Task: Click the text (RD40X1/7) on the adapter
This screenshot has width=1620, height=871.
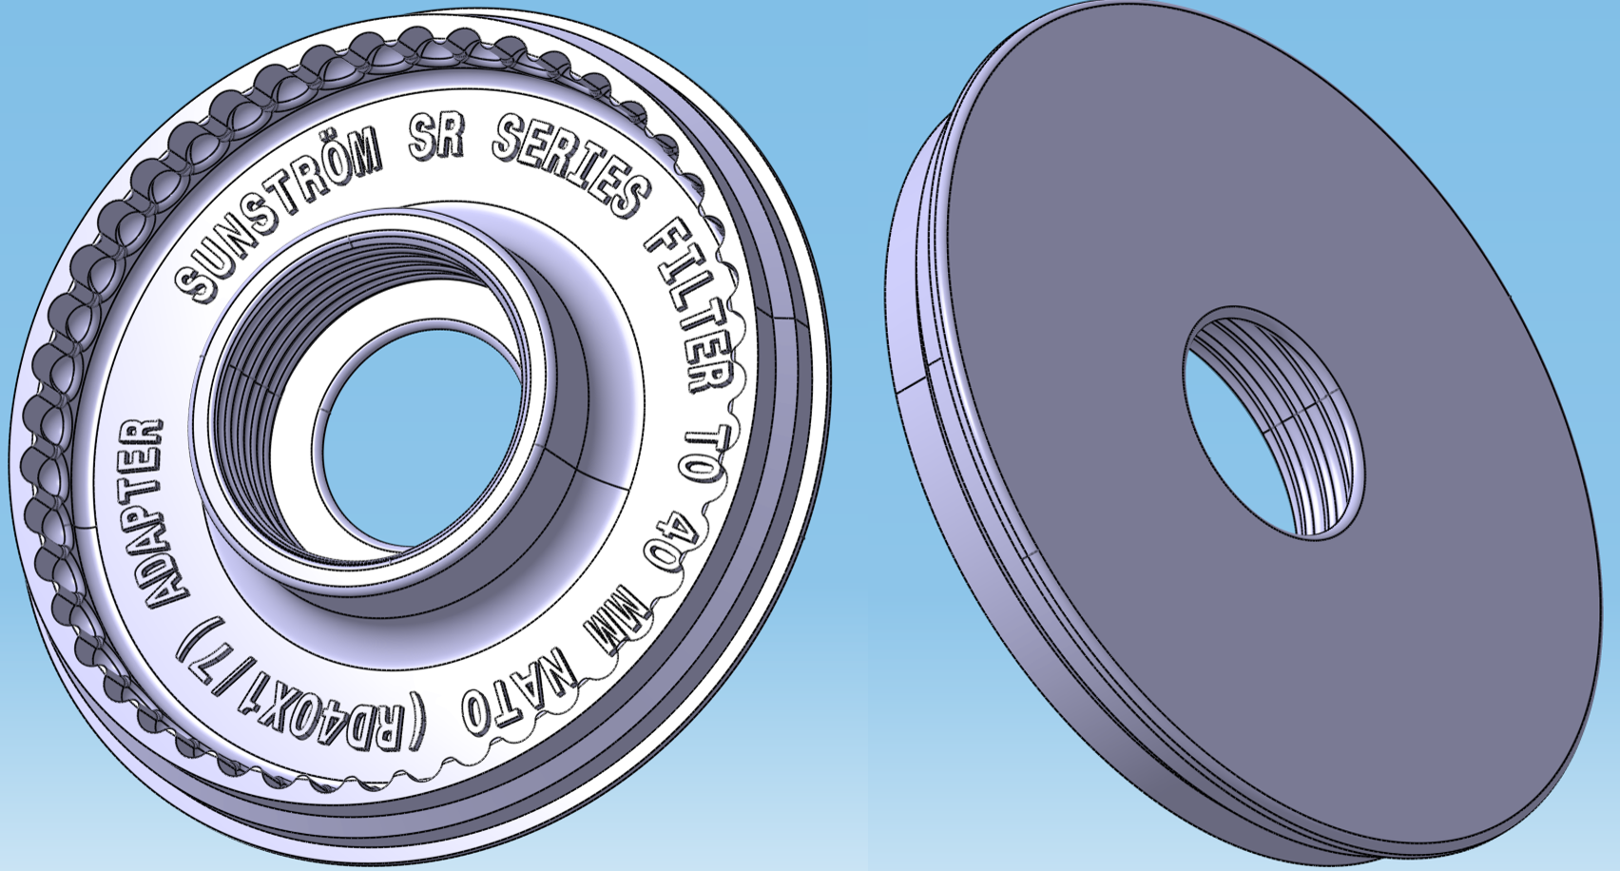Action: click(x=304, y=698)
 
